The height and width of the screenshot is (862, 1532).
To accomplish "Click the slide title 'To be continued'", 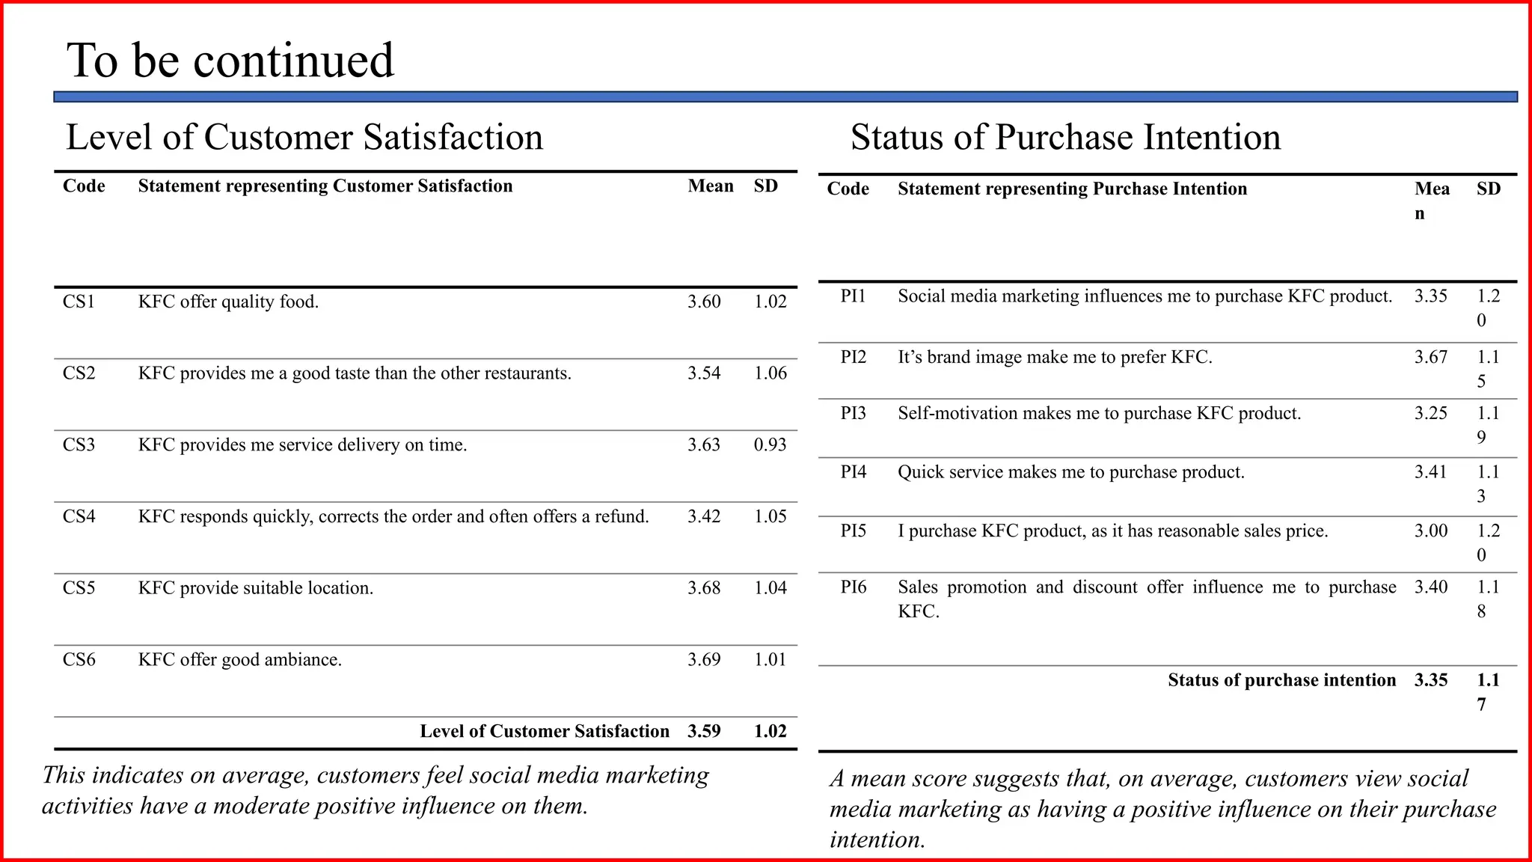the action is tap(230, 60).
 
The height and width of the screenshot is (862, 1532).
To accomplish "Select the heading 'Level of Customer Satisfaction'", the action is tap(304, 137).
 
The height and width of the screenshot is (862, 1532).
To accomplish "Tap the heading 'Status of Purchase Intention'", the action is tap(1065, 137).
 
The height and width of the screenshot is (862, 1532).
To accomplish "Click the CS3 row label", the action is tap(79, 444).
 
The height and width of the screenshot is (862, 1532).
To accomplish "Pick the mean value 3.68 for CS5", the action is tap(704, 588).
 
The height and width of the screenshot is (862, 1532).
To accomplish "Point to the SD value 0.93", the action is tap(770, 444).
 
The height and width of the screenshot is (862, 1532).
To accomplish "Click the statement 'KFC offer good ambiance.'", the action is tap(240, 660).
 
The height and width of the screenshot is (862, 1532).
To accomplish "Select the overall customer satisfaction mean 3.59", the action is tap(704, 731).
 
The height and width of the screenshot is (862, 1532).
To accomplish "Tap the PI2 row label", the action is tap(853, 357).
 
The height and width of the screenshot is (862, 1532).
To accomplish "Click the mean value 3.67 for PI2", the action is tap(1431, 357).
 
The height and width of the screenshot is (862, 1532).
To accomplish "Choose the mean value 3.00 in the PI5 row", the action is tap(1431, 531).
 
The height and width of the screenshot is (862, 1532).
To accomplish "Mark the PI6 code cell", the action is tap(853, 587).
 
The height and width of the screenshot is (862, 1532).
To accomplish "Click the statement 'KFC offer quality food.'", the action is tap(228, 302).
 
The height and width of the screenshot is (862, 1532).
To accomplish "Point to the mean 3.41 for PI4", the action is tap(1431, 472).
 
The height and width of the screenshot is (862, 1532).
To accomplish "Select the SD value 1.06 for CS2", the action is tap(770, 373).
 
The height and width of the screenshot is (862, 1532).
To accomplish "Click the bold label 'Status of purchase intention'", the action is tap(1281, 680).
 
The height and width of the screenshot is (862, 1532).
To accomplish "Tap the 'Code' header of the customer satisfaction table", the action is tap(84, 186).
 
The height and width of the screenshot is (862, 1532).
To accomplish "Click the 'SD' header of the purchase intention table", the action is tap(1489, 189).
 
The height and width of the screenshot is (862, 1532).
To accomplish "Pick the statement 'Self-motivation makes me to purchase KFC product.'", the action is tap(1100, 413).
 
